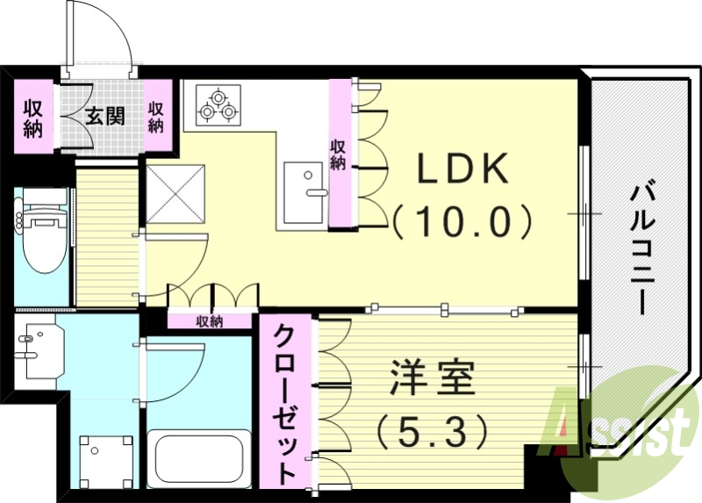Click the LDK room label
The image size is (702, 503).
coord(462,169)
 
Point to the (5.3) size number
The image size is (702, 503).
coord(430,429)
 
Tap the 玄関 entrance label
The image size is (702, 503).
coord(104,116)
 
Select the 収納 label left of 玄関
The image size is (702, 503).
coord(33,119)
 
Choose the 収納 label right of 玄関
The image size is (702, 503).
coord(156,118)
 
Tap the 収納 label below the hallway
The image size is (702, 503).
coord(210,321)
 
